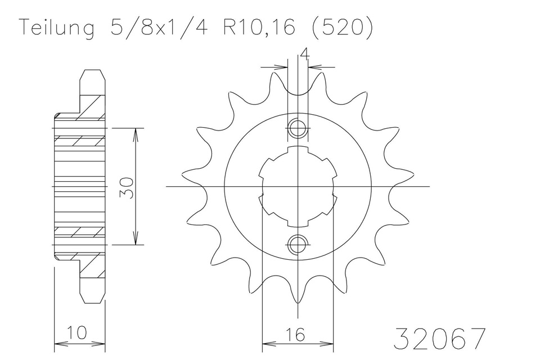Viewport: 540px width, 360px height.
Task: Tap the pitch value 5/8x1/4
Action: [159, 27]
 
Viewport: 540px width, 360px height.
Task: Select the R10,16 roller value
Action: [259, 27]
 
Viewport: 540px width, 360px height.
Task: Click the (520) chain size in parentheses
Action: [343, 27]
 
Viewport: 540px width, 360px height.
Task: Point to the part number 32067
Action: [440, 339]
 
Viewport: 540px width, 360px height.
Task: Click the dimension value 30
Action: [127, 188]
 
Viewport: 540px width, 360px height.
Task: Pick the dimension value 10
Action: [76, 333]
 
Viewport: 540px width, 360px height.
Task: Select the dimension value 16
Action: [295, 335]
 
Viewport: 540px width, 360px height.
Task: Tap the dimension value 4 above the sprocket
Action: [304, 55]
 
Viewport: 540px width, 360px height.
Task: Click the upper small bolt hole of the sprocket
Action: [297, 128]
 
